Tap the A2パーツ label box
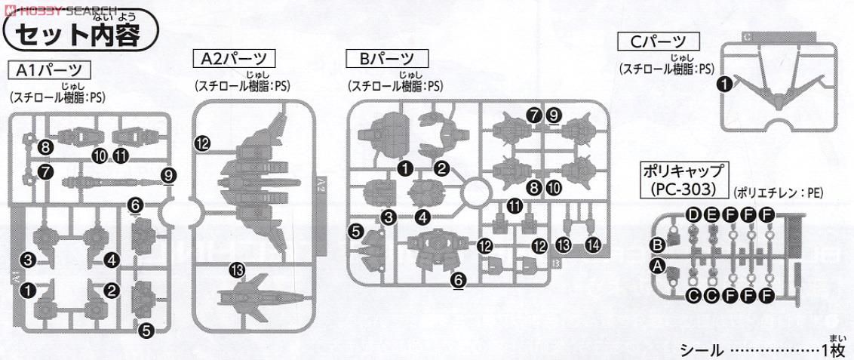click(x=235, y=58)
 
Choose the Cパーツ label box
click(x=659, y=42)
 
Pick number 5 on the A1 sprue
click(x=146, y=328)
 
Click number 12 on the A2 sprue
click(x=202, y=143)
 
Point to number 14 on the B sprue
click(x=593, y=244)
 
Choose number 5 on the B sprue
click(x=355, y=231)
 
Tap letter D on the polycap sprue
click(x=694, y=215)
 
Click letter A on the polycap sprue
click(x=657, y=266)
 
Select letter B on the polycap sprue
click(x=657, y=244)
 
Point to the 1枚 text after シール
click(x=836, y=350)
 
